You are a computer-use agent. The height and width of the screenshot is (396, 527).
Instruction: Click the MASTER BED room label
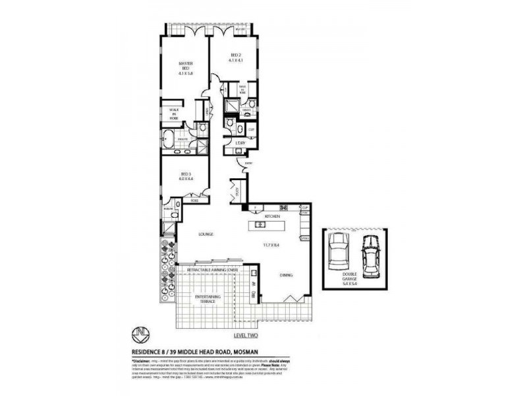click(185, 68)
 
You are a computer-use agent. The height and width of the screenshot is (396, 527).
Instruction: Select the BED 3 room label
click(185, 176)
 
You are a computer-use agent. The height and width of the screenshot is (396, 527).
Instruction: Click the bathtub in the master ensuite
click(169, 139)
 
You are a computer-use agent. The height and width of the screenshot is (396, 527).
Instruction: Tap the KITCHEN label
click(273, 216)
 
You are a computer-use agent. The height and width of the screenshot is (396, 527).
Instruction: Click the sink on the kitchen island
click(261, 226)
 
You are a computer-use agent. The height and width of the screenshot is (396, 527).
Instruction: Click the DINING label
click(285, 275)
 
